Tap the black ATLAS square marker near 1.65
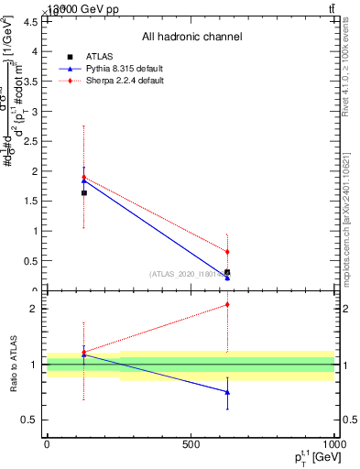point(84,192)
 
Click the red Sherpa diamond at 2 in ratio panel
point(227,305)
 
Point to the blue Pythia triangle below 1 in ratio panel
point(227,392)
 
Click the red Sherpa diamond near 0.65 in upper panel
point(227,251)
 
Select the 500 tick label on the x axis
point(191,444)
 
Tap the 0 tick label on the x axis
point(47,444)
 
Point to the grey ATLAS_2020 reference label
point(188,273)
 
